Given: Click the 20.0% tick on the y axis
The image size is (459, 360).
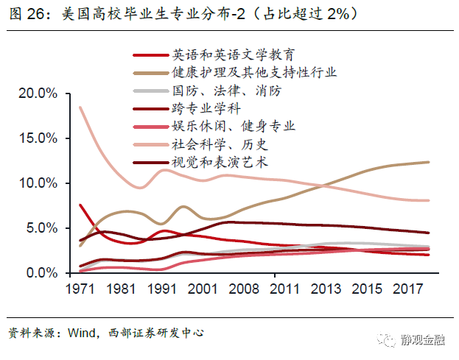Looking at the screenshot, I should [38, 93].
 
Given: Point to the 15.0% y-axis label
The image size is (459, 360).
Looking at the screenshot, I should [38, 138].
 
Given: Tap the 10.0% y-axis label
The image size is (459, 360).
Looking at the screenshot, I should [38, 183].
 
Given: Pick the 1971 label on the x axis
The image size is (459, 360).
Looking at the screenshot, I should [81, 289].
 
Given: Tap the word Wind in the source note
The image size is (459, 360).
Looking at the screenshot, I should [81, 333].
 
